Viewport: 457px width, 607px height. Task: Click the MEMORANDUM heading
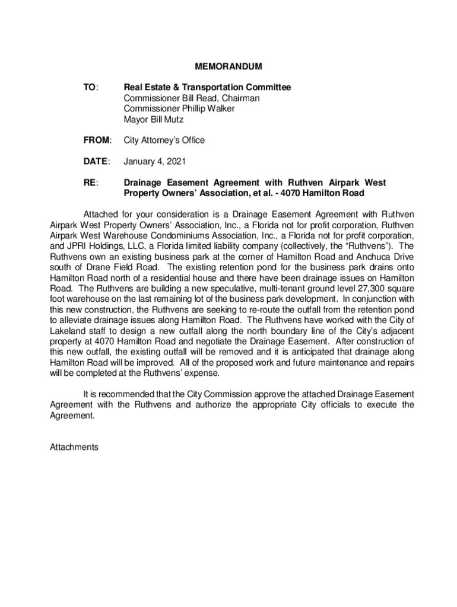[229, 66]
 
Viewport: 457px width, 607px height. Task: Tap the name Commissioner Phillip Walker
[179, 108]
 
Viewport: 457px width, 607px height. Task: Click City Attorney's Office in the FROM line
[164, 140]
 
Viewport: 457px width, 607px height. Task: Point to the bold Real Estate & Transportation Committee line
[207, 87]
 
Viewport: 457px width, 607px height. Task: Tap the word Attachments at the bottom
[74, 448]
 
